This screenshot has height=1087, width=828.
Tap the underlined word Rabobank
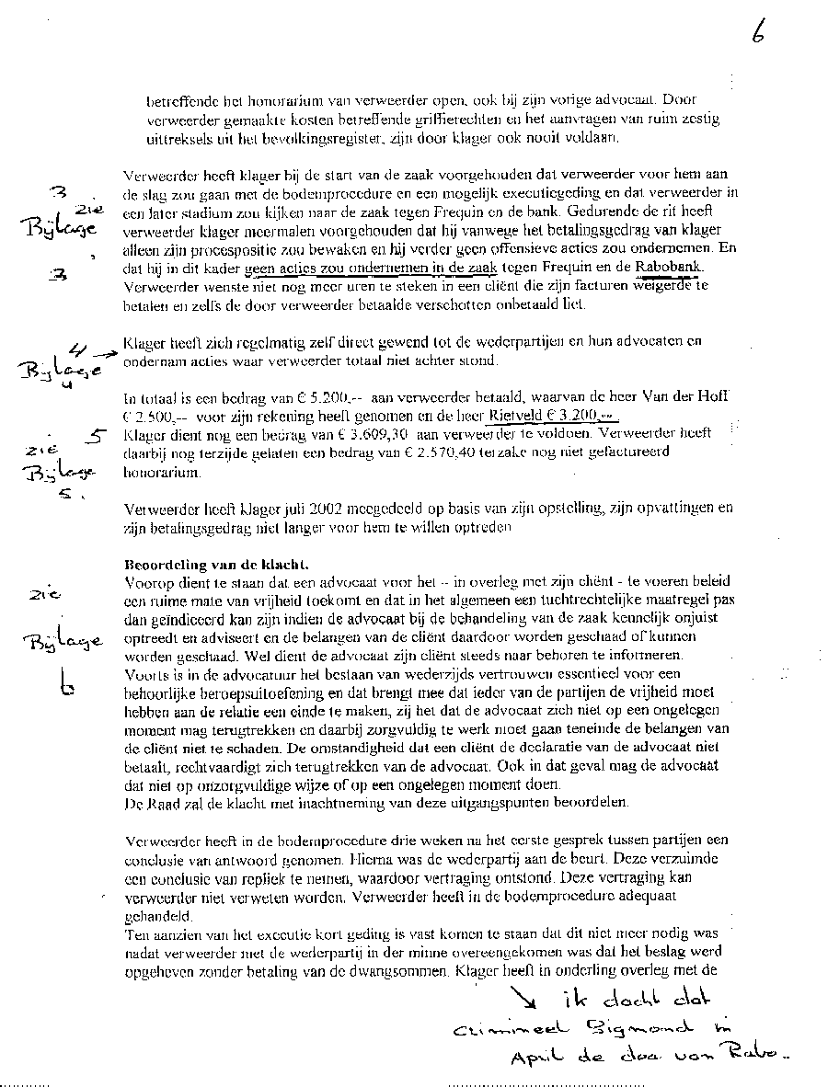669,268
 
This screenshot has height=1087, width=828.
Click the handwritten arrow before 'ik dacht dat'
525,997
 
